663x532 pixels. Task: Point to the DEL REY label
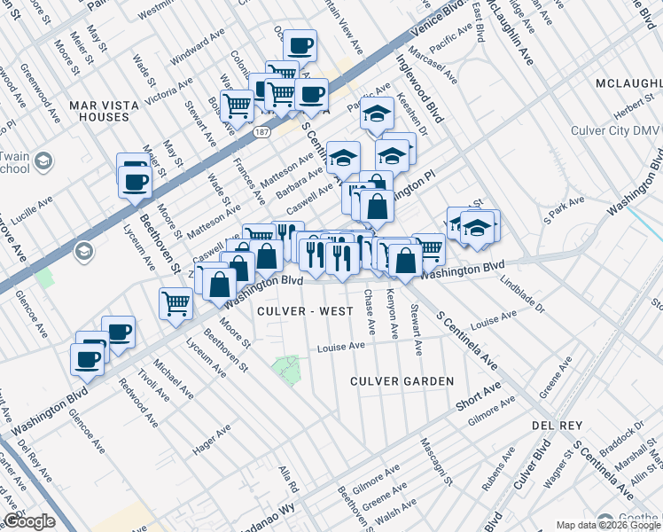click(556, 426)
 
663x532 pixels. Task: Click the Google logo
click(29, 521)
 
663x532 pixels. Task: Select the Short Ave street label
click(479, 395)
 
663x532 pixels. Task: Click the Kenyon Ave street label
click(391, 311)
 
